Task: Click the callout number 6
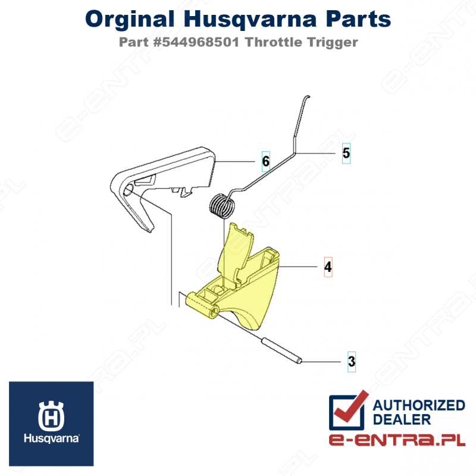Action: tap(265, 161)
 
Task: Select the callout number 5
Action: tap(346, 153)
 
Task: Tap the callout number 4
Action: tap(328, 267)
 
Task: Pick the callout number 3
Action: tap(352, 362)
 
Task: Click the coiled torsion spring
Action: tap(222, 206)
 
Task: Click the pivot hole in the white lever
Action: tap(129, 190)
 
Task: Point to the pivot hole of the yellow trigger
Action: tap(214, 311)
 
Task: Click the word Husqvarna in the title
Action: tap(250, 20)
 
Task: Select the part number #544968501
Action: tap(196, 42)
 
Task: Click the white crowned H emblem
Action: tap(51, 416)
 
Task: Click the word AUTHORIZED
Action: tap(419, 405)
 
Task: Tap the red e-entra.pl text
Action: tap(397, 439)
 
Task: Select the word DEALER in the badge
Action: tap(402, 419)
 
